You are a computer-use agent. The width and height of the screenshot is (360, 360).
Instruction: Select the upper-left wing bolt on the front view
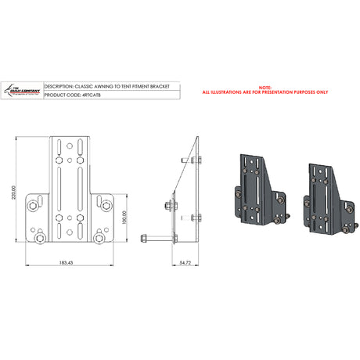pos(35,205)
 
